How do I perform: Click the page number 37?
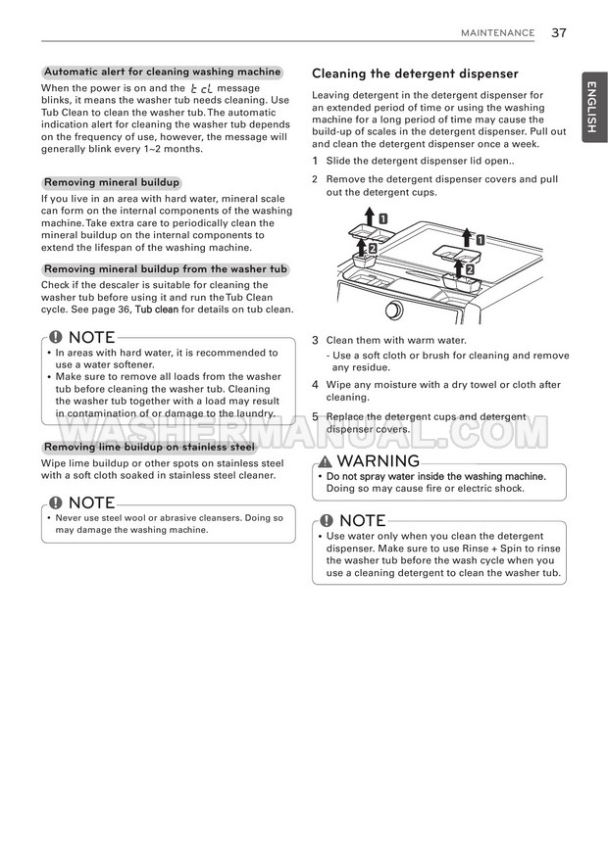pyautogui.click(x=559, y=33)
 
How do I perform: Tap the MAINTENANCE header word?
pyautogui.click(x=497, y=33)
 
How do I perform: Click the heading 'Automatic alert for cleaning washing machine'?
pyautogui.click(x=162, y=72)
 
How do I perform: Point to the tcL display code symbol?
pyautogui.click(x=201, y=88)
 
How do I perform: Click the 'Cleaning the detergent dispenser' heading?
pyautogui.click(x=415, y=73)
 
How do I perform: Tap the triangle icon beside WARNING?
pyautogui.click(x=326, y=461)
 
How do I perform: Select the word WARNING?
pyautogui.click(x=379, y=460)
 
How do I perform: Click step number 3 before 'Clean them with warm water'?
pyautogui.click(x=315, y=341)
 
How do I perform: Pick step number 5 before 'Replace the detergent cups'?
pyautogui.click(x=315, y=416)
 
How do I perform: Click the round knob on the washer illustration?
pyautogui.click(x=394, y=310)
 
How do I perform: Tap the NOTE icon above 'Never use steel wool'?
pyautogui.click(x=56, y=502)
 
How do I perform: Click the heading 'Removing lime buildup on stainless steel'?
pyautogui.click(x=149, y=447)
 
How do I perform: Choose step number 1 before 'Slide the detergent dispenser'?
pyautogui.click(x=315, y=161)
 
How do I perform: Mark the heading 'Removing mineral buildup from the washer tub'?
pyautogui.click(x=166, y=269)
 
